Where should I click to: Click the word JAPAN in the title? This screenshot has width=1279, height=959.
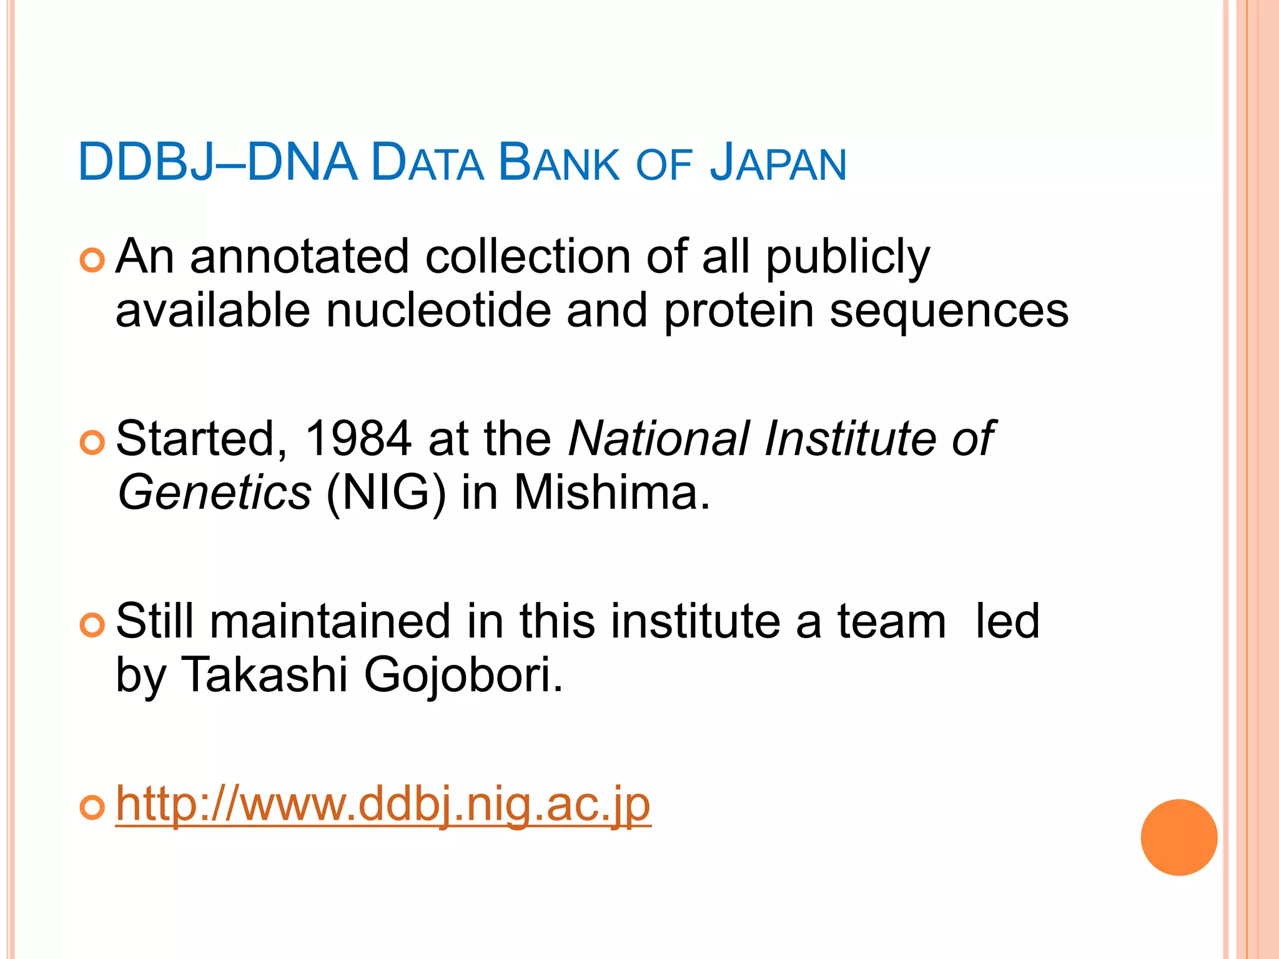[778, 164]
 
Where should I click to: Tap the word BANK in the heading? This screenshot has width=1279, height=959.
[559, 164]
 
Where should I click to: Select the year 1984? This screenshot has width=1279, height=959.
[358, 439]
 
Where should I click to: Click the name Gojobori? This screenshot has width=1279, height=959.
[463, 676]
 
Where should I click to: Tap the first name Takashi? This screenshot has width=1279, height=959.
[264, 676]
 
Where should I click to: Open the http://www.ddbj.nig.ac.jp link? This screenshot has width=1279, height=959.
[383, 805]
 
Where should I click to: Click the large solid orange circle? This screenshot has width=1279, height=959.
[1178, 837]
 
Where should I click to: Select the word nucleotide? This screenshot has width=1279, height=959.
[438, 311]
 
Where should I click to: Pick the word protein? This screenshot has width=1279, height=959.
[739, 311]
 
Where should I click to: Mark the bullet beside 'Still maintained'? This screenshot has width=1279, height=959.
[92, 625]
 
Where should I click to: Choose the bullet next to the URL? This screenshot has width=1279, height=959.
[92, 808]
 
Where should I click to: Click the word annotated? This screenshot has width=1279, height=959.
[300, 257]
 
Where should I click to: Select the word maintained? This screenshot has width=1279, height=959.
[330, 622]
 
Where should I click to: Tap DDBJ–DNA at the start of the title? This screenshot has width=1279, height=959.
[217, 164]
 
